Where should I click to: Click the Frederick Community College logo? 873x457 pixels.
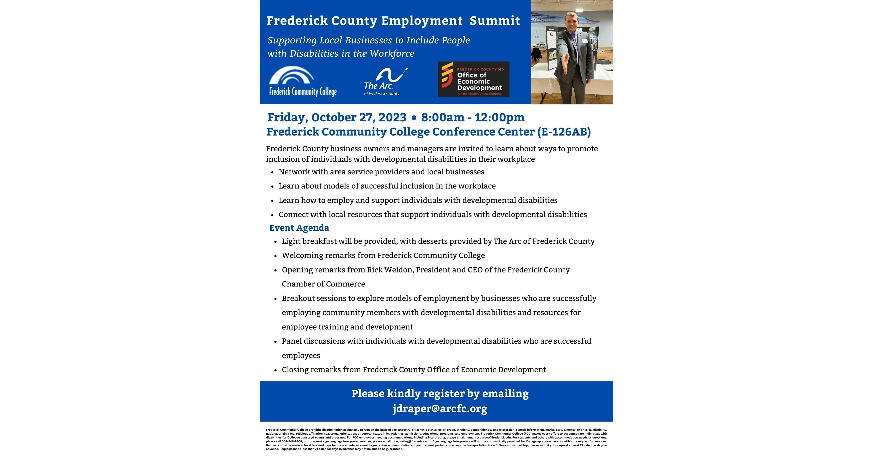pos(302,81)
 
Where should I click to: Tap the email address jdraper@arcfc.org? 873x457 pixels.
pos(440,409)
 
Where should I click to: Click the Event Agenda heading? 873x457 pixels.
pos(299,228)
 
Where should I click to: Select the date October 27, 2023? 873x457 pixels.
pos(359,117)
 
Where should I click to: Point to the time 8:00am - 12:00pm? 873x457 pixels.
pos(473,117)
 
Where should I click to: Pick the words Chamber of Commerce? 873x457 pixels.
pos(323,284)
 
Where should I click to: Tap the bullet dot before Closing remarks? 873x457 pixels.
pos(276,370)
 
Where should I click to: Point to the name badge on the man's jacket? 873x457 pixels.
pos(585,41)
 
